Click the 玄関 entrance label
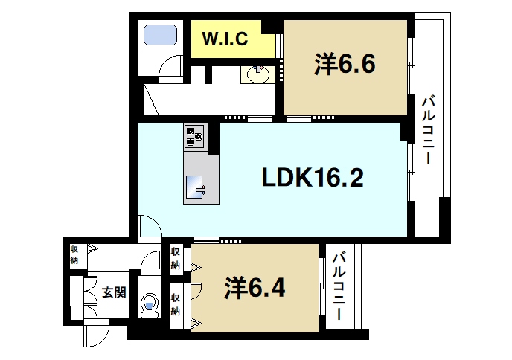pyautogui.click(x=113, y=292)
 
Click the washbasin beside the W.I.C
pyautogui.click(x=257, y=74)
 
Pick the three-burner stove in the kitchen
pyautogui.click(x=195, y=135)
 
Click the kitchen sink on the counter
pyautogui.click(x=198, y=186)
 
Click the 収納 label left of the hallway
pyautogui.click(x=74, y=254)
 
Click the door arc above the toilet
pyautogui.click(x=151, y=261)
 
